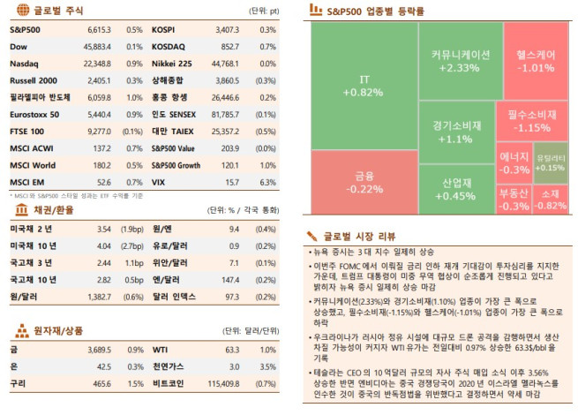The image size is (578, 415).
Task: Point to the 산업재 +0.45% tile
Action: click(454, 188)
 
